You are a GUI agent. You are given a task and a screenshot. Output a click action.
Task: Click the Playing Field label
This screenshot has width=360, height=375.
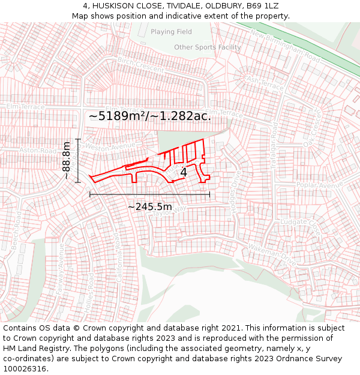pyautogui.click(x=171, y=32)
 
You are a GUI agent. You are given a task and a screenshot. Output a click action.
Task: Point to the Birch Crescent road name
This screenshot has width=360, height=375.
pyautogui.click(x=141, y=65)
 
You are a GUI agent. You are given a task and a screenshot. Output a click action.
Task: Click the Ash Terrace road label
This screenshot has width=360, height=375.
pyautogui.click(x=265, y=83)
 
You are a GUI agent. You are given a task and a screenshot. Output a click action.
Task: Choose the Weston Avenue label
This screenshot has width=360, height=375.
pyautogui.click(x=111, y=146)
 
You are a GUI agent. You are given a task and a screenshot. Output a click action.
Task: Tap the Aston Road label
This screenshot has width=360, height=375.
pyautogui.click(x=37, y=150)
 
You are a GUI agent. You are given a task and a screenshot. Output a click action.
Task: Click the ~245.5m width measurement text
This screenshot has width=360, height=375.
pyautogui.click(x=149, y=207)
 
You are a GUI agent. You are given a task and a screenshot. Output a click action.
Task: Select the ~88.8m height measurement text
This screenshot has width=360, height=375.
pyautogui.click(x=67, y=161)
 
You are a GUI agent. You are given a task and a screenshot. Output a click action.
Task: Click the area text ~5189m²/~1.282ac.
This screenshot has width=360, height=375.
pyautogui.click(x=150, y=116)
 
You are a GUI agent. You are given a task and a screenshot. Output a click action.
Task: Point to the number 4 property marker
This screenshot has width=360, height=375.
pyautogui.click(x=184, y=172)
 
